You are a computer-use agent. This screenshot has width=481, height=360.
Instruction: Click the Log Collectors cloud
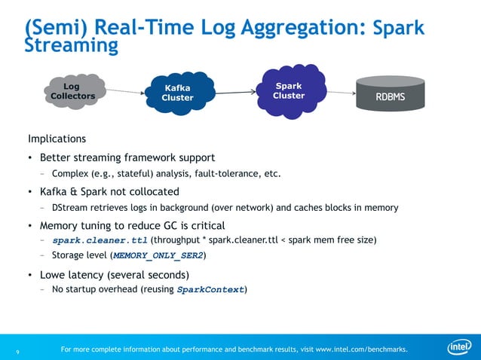[x=73, y=91]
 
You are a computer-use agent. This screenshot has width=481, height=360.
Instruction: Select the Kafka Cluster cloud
[x=177, y=93]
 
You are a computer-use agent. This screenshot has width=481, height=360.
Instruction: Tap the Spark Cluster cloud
[x=288, y=90]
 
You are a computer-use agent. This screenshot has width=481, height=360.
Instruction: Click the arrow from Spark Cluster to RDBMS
[x=340, y=93]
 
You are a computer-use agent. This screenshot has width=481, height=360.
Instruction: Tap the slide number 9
[x=18, y=350]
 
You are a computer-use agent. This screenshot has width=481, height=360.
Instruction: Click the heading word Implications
[x=57, y=139]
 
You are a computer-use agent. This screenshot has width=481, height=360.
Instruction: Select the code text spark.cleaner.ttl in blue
[x=100, y=239]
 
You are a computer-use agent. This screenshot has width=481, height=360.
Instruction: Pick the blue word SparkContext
[x=210, y=289]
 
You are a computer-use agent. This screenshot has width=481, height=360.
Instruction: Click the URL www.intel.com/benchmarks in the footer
[x=361, y=349]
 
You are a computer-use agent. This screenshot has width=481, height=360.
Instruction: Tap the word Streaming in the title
[x=72, y=46]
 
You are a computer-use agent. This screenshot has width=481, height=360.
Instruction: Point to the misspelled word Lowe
[x=55, y=274]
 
